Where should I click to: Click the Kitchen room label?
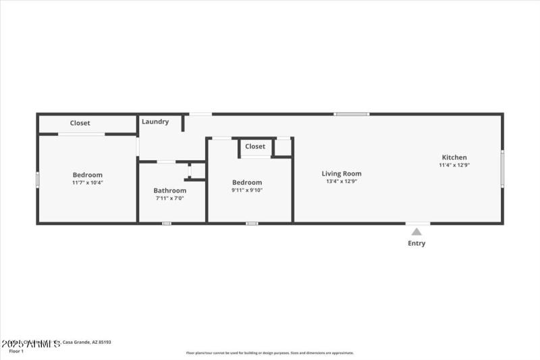point(454,157)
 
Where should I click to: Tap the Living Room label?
point(341,174)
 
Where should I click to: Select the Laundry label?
point(155,122)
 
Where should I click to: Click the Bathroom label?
point(169,190)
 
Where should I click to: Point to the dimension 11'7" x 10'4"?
point(88,182)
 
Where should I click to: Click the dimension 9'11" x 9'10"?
point(247,190)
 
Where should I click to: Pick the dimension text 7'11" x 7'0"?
point(169,199)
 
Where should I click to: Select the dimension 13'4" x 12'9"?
point(341,181)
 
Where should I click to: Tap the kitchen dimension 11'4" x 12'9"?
point(454,165)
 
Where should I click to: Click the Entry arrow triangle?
point(417,232)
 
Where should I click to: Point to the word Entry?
point(416,243)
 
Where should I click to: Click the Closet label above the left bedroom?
point(80,123)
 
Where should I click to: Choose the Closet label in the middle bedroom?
point(255,147)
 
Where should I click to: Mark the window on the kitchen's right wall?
point(502,168)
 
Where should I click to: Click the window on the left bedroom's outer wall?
point(37,179)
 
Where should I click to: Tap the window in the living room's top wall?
point(352,113)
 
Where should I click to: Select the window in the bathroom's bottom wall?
point(167,223)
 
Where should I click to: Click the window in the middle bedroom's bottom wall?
point(252,223)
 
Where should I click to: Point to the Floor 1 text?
point(16,351)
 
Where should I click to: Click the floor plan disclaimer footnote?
point(270,353)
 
